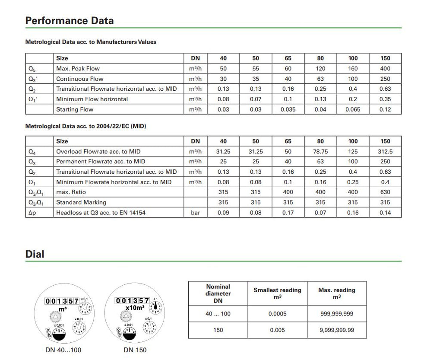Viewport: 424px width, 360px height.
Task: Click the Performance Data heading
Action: [70, 21]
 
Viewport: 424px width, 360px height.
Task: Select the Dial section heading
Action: [35, 254]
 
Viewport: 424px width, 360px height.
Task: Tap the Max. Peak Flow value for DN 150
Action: [385, 68]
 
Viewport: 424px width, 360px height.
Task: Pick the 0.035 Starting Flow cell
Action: [288, 109]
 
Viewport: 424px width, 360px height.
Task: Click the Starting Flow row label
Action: [75, 109]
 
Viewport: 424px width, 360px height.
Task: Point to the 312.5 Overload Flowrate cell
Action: [385, 151]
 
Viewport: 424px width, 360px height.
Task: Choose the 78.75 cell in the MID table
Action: [320, 151]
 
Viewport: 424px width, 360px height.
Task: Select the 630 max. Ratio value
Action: [385, 192]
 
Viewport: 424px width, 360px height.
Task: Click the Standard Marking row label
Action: [81, 202]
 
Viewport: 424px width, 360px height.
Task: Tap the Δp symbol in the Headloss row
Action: [32, 213]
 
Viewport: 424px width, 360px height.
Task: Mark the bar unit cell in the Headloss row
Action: [195, 213]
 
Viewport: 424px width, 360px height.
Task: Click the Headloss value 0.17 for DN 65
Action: [288, 213]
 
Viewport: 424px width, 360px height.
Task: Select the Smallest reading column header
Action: [277, 293]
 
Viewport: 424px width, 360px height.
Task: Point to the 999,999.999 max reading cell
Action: [336, 314]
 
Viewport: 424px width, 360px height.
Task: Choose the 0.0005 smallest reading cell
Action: [277, 314]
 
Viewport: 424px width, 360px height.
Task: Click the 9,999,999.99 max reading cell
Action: [336, 330]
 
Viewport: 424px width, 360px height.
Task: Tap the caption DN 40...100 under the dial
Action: [63, 350]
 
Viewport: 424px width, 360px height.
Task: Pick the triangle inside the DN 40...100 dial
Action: [56, 317]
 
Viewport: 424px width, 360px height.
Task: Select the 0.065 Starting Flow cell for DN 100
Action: [353, 109]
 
